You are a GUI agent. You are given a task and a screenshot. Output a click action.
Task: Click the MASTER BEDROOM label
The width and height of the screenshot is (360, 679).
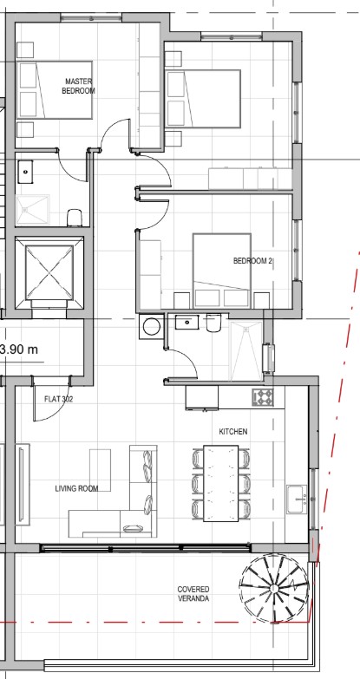point(78,86)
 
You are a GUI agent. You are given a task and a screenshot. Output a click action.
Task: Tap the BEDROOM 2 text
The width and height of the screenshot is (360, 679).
point(252,261)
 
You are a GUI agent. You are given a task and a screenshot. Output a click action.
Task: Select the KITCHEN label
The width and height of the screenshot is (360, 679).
point(233,432)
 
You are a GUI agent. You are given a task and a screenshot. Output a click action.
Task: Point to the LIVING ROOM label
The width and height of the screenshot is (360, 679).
point(76,488)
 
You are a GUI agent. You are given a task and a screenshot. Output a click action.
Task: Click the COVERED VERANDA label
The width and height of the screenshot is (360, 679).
point(193,594)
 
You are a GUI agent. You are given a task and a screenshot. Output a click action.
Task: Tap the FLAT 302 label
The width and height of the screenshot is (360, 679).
point(58,399)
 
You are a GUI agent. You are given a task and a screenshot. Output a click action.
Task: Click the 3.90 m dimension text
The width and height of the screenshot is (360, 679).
point(19,349)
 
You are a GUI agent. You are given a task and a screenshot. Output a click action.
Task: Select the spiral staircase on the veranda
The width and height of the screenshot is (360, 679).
point(274,589)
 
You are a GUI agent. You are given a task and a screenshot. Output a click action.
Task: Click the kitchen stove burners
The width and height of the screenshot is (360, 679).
point(263,397)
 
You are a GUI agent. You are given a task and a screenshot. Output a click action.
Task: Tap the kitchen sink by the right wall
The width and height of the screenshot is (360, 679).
point(298,499)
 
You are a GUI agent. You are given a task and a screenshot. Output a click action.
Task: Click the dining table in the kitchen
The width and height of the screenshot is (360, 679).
point(220,483)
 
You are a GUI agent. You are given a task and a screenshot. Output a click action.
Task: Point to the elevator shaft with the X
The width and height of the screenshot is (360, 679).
point(49,272)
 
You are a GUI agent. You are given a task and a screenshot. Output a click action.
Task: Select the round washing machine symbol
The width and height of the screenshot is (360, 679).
point(152,326)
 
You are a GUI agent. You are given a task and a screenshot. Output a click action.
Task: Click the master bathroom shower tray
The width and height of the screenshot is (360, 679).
point(33,210)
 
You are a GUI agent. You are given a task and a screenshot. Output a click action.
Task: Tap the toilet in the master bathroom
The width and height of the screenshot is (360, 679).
point(74,218)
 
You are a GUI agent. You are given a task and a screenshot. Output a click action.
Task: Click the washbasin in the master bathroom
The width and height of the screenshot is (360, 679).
point(25,172)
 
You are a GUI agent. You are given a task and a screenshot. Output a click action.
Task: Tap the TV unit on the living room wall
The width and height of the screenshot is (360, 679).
point(22,484)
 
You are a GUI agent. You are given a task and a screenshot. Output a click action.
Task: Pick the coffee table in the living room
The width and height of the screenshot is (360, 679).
point(100,470)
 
